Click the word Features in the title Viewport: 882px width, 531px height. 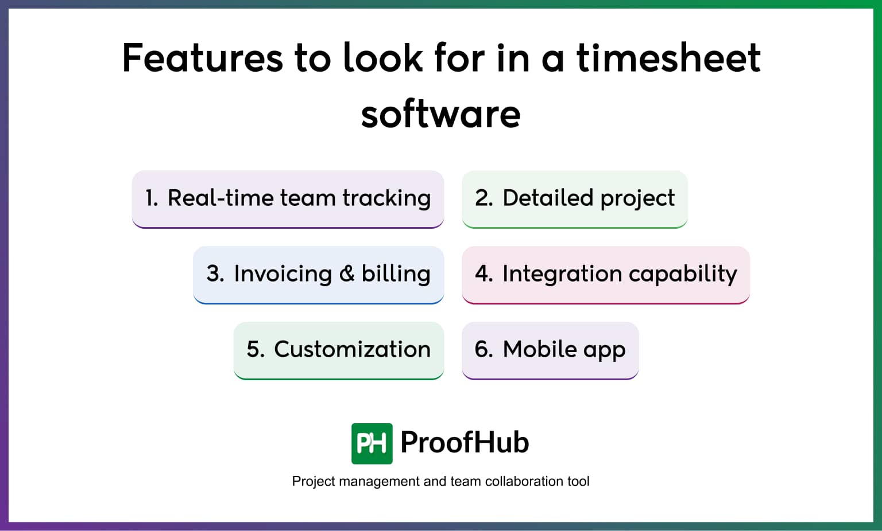202,58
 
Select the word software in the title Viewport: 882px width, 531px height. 440,114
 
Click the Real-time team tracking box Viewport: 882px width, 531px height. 288,198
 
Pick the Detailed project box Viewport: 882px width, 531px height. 574,198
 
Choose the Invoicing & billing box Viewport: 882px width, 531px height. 318,274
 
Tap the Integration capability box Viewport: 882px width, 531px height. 605,274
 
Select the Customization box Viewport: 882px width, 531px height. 338,350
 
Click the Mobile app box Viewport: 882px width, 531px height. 550,350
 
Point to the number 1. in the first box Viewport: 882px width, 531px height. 151,198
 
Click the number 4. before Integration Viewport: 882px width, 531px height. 483,274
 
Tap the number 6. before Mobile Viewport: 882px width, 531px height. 483,350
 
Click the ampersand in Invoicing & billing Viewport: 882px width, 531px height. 347,274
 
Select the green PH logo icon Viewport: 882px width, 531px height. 372,443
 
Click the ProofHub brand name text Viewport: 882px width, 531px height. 464,443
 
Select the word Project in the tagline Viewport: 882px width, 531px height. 314,481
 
